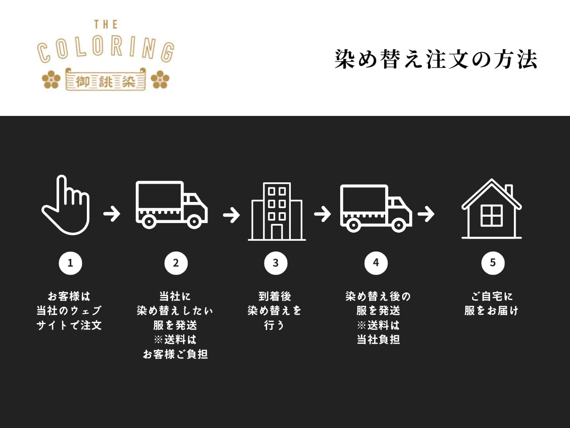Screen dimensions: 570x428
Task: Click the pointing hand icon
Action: coord(66,206)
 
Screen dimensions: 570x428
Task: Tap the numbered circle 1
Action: coord(70,263)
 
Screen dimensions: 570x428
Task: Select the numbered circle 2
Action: coord(176,263)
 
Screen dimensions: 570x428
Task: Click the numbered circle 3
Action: coord(276,263)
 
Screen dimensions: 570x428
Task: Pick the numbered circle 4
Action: coord(376,263)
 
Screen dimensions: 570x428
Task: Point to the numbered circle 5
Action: coord(493,263)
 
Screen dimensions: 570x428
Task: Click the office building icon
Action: coord(277,212)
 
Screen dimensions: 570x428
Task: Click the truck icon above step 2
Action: coord(171,205)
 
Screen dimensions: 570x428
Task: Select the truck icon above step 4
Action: coord(376,208)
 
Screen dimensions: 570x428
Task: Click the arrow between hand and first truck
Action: coord(112,214)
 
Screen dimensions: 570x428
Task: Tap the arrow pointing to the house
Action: coord(426,214)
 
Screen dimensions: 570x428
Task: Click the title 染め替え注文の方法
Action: coord(436,59)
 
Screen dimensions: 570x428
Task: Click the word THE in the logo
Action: coord(106,25)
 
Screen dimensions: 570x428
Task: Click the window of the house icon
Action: coord(492,216)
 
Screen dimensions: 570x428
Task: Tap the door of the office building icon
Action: coord(277,232)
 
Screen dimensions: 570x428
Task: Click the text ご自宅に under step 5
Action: coord(492,296)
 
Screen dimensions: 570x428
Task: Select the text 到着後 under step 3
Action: coord(275,296)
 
